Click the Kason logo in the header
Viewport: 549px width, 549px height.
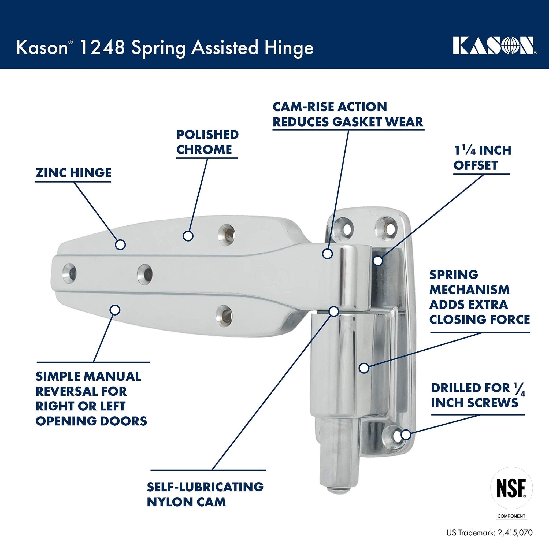pos(494,46)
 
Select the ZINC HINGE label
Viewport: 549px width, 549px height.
pos(73,173)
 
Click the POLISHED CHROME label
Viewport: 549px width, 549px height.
pos(207,142)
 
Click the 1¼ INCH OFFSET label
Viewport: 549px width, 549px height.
pos(482,158)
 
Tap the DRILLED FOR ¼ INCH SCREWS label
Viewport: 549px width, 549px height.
pos(478,395)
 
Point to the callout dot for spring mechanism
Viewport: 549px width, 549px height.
pos(364,368)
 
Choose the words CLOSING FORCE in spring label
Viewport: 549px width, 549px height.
pos(479,319)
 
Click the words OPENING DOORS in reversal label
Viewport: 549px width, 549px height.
pos(91,421)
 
